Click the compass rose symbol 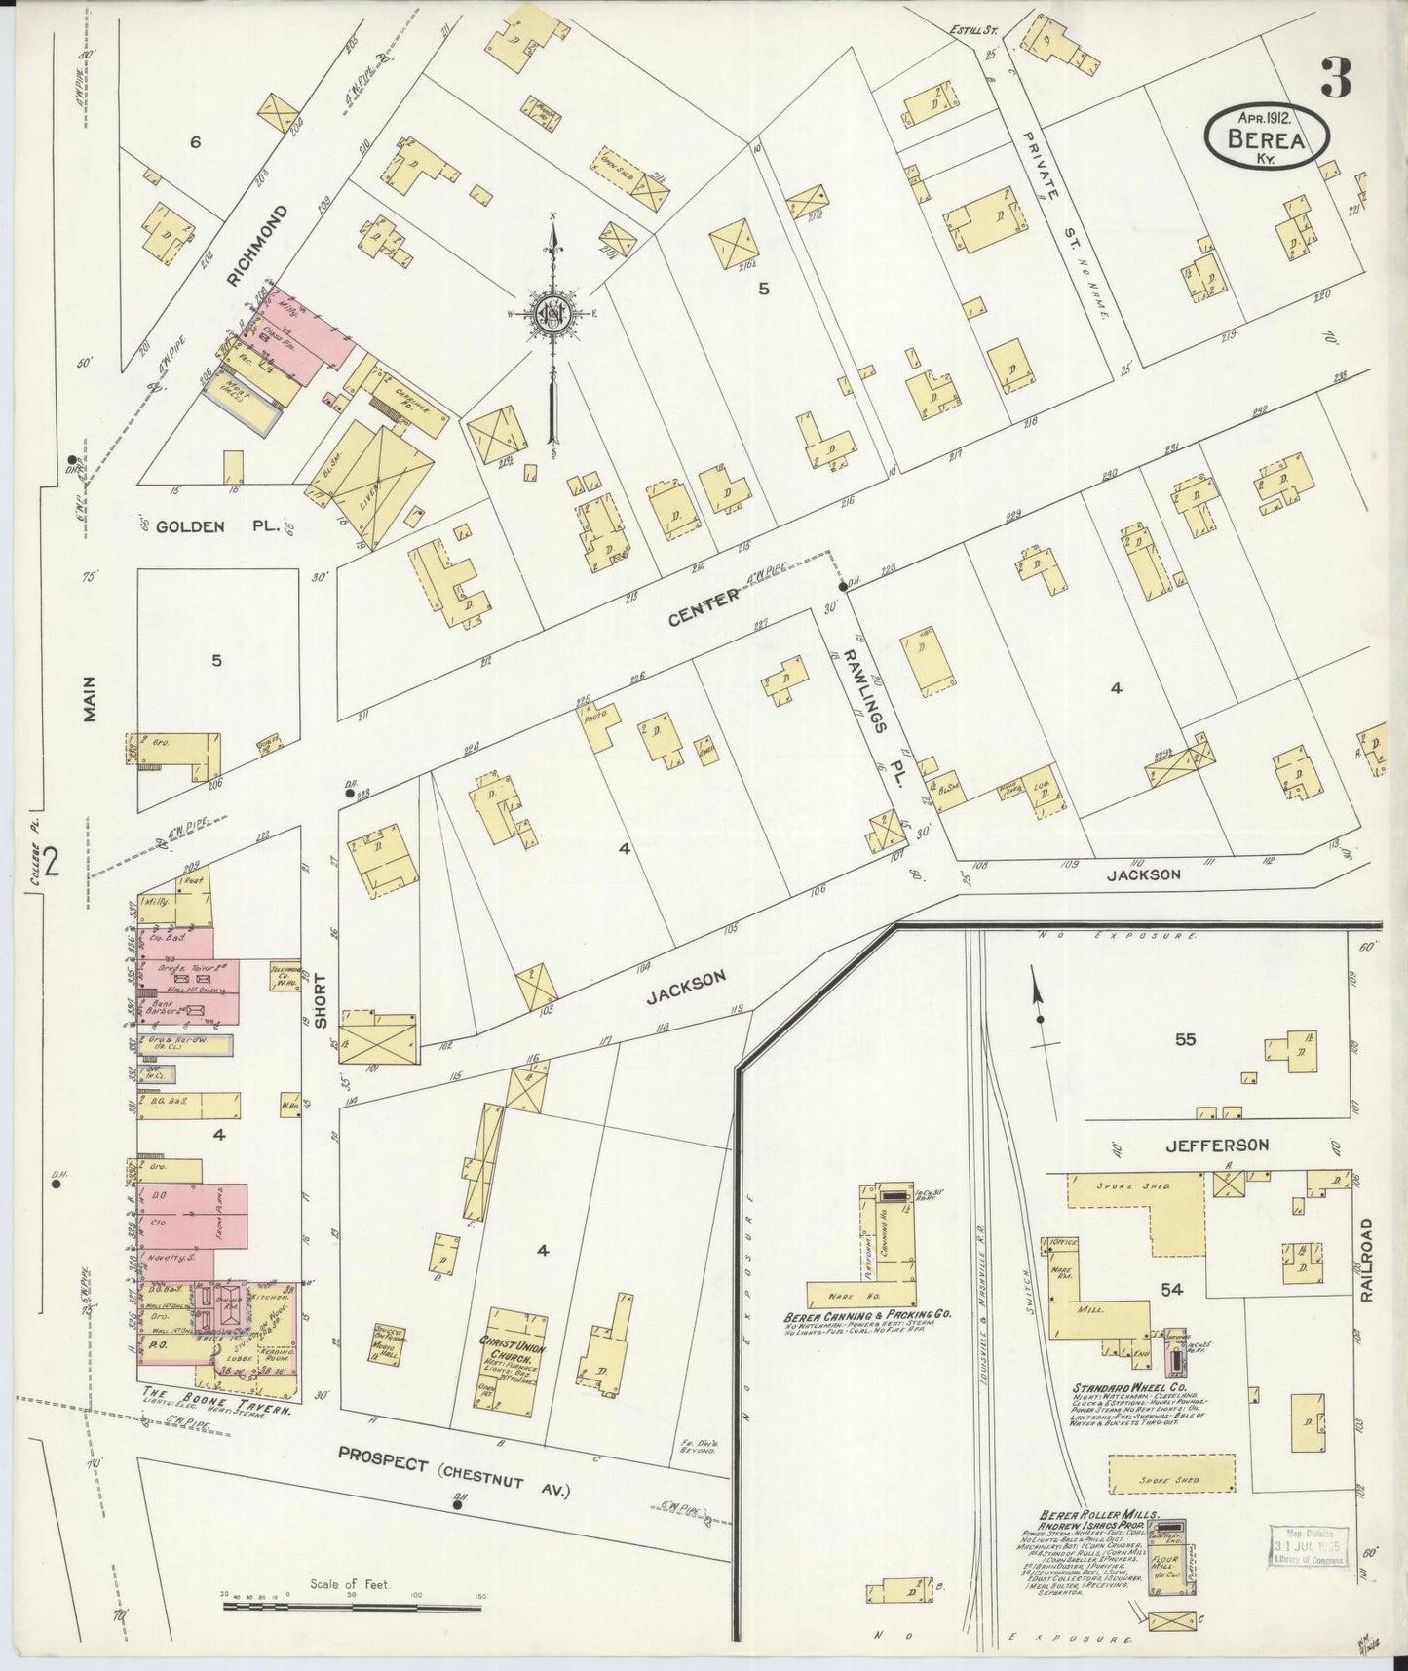552,313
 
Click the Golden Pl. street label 225,526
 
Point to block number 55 1184,1039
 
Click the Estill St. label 972,30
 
